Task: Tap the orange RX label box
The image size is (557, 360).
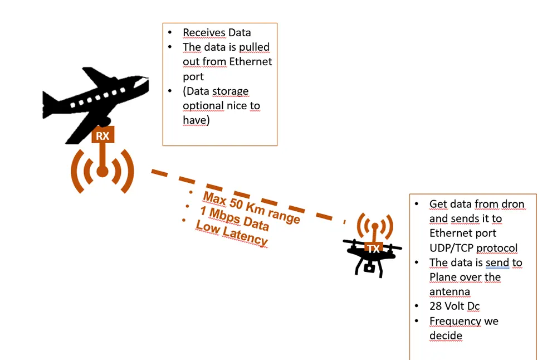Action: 103,135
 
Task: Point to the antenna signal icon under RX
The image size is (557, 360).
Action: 102,171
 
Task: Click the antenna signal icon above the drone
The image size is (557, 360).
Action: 374,226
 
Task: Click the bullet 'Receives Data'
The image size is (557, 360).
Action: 217,33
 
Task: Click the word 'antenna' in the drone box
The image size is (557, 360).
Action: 449,291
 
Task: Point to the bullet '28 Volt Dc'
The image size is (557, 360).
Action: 455,307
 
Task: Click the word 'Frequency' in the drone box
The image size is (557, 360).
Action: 455,321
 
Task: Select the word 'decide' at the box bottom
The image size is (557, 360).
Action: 446,336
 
